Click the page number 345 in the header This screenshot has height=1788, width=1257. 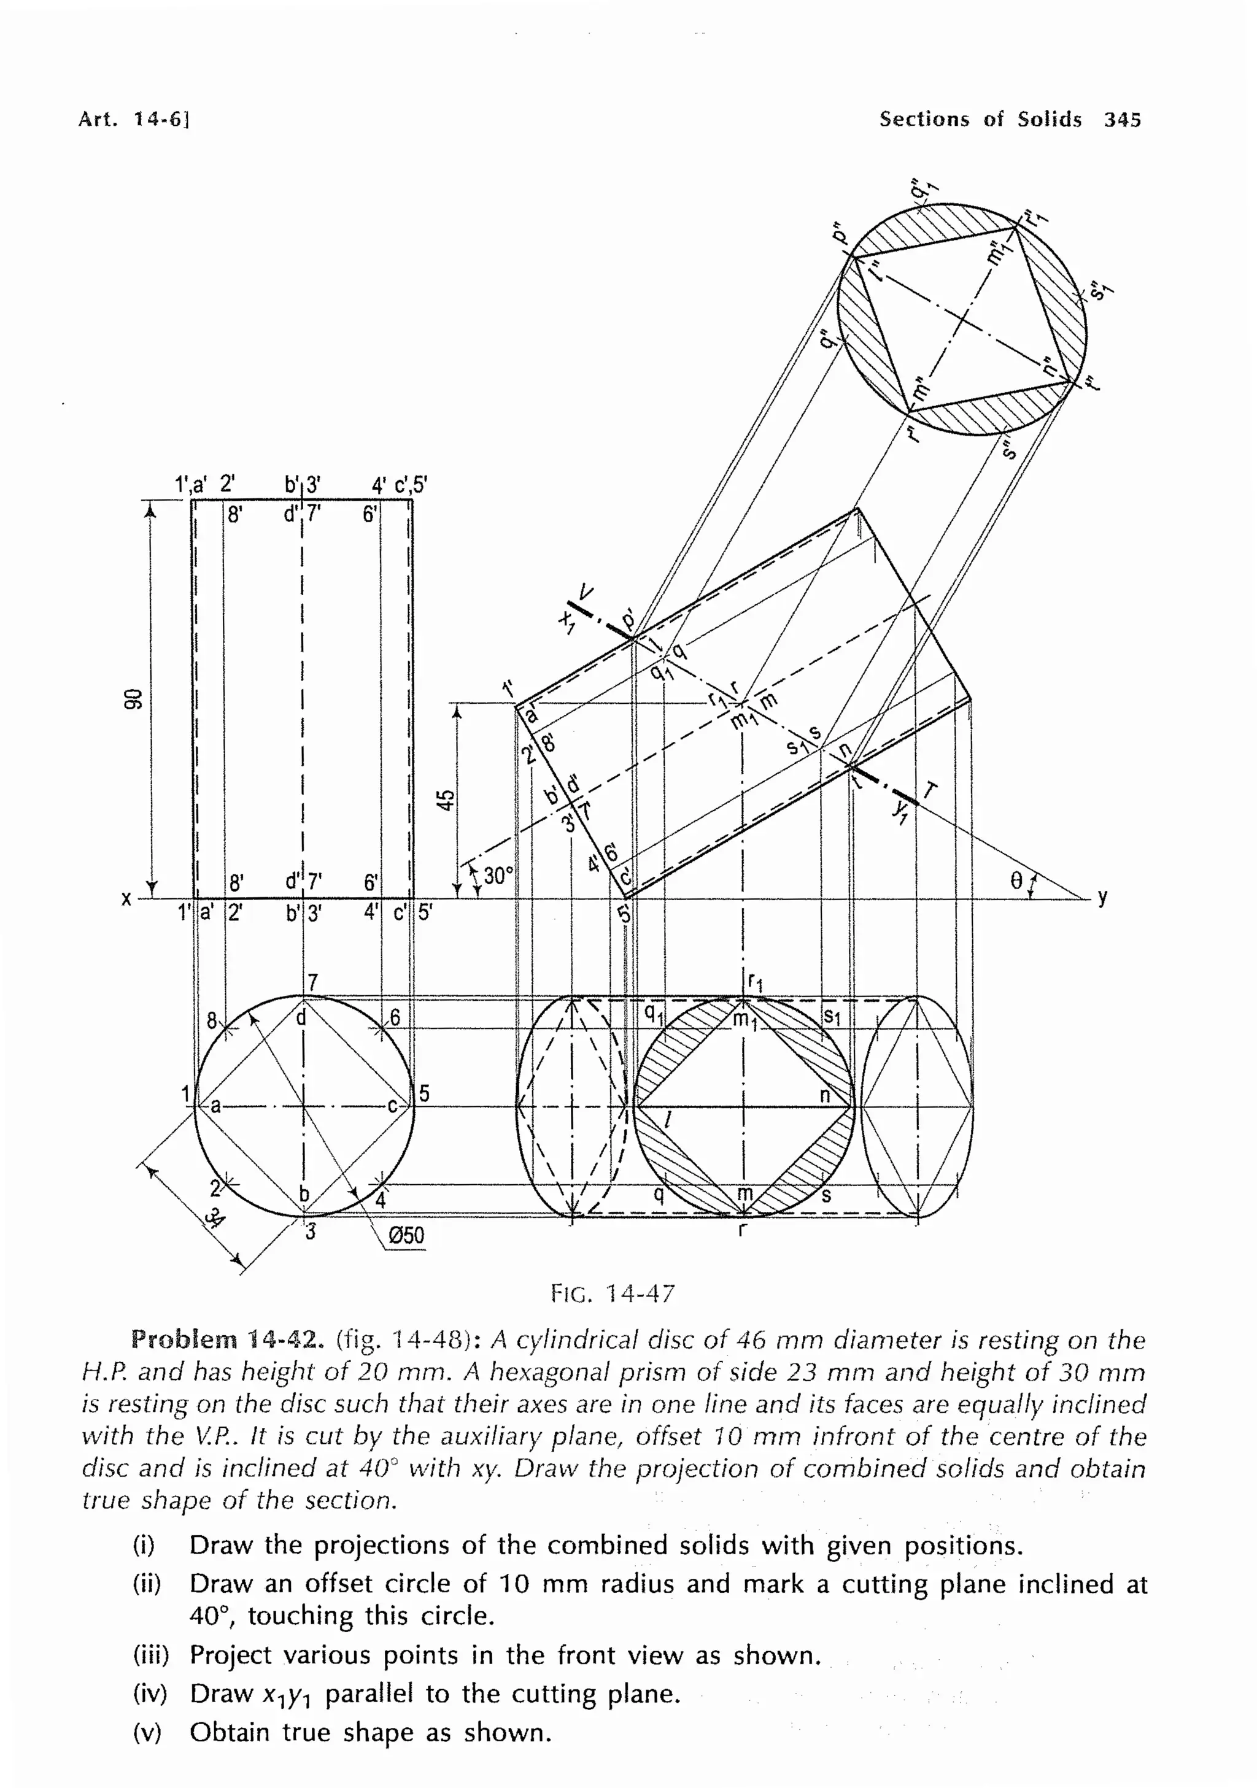pos(1121,119)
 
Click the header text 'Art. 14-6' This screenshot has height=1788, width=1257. pos(133,119)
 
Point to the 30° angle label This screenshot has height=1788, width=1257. pos(498,876)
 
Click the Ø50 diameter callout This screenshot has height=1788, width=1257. pos(406,1235)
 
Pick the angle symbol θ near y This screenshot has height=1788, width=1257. pos(1016,881)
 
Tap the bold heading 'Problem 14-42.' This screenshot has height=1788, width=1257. pos(226,1340)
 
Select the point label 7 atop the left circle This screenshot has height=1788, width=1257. pos(312,983)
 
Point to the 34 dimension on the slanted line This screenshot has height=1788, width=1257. pos(212,1218)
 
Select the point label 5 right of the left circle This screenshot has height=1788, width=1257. pos(425,1093)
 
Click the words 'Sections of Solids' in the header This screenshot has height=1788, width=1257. pos(980,119)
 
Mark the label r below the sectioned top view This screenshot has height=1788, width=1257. pos(742,1230)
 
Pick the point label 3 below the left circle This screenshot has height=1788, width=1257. pos(310,1232)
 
